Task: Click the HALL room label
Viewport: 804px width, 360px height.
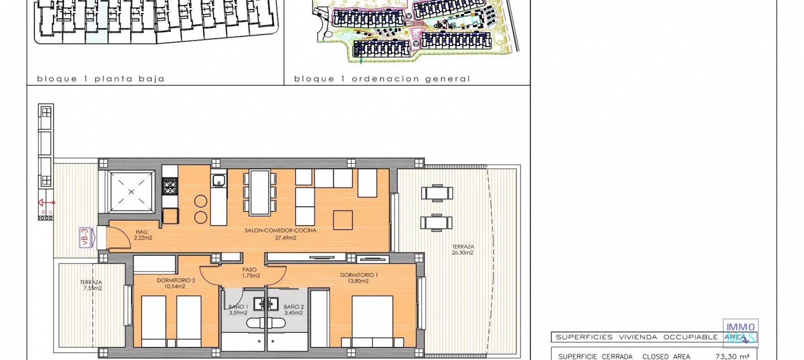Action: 142,232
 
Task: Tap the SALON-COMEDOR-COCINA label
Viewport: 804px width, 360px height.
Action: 281,231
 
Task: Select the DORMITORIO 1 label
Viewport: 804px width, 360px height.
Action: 359,275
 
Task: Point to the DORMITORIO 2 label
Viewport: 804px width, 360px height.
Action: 176,280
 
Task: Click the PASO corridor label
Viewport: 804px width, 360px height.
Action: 249,270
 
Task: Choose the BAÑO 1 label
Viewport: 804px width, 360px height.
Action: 238,307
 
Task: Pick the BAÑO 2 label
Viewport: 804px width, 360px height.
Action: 294,307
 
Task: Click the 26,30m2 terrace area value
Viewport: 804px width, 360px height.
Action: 462,253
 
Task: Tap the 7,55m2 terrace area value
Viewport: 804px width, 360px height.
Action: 93,288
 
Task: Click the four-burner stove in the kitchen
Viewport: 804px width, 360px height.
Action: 170,186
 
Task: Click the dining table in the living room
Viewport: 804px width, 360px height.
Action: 260,192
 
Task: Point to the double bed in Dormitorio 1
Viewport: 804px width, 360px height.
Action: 372,321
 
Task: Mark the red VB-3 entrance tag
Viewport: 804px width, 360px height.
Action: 85,237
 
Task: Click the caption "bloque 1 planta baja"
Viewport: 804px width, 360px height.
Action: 100,79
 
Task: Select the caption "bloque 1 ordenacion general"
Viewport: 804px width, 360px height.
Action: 382,79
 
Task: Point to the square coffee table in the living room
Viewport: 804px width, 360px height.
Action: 343,220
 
